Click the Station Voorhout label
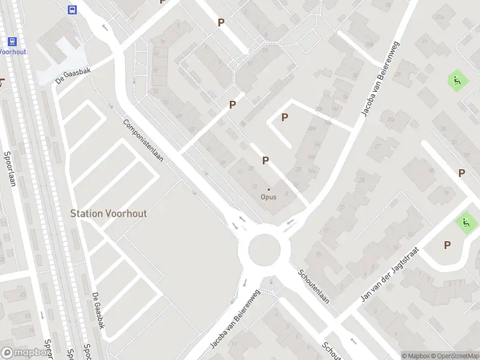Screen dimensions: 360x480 coord(109,213)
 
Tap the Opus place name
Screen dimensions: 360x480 coord(268,196)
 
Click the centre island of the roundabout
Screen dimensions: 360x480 coord(265,250)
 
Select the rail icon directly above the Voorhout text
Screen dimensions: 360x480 coord(11,41)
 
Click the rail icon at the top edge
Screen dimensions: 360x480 coord(72,10)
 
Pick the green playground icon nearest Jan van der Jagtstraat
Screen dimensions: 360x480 coord(466,223)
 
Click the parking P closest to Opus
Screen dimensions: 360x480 coord(265,160)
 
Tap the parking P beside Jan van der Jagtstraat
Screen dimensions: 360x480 coord(447,245)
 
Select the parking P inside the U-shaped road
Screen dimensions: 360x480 coord(284,118)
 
